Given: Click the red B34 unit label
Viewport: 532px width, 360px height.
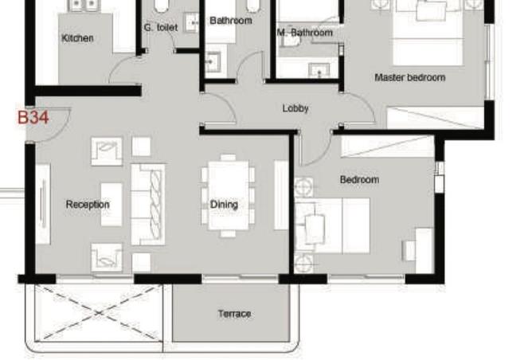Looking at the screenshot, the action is [x=33, y=117].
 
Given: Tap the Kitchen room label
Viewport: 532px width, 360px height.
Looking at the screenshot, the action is [x=78, y=38].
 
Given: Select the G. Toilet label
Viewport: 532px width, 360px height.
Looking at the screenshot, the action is [x=161, y=28].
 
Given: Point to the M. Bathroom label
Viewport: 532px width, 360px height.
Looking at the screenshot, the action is [x=305, y=33].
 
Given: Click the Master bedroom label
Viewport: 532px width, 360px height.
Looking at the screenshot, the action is [x=410, y=77].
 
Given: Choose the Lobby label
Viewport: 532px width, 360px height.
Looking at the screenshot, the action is [x=295, y=108].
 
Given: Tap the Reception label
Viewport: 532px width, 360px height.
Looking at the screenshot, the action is [x=88, y=204].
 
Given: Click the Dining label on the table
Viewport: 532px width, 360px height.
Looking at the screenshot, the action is [x=224, y=204].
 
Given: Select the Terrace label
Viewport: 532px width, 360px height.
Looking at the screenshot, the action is [x=234, y=314].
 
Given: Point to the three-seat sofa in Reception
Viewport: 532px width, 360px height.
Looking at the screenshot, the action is [x=148, y=204].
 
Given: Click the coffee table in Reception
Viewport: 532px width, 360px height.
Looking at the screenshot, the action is [x=111, y=205].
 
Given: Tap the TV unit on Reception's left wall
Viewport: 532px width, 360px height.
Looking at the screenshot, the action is [x=43, y=204].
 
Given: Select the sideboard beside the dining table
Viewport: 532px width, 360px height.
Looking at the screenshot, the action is [x=281, y=195].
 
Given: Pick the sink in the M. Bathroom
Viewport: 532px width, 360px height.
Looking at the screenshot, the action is [x=319, y=71].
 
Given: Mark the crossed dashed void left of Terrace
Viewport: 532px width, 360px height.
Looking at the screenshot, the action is [x=99, y=312].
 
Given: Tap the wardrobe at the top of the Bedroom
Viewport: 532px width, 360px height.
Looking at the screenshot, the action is [x=387, y=147].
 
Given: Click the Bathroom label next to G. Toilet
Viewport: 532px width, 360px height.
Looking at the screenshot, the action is [x=231, y=21].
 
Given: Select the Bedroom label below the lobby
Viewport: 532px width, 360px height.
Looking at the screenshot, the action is [x=359, y=179].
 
